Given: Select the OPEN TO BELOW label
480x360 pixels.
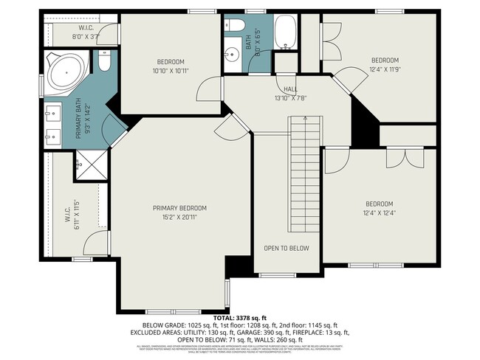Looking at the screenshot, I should coord(287,249).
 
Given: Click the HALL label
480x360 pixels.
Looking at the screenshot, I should coord(281,89).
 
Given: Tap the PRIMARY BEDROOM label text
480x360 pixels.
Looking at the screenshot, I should coord(179,208).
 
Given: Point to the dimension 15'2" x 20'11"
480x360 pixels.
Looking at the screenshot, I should coord(179,217).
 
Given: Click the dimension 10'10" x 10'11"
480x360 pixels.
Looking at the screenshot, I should coord(170,70).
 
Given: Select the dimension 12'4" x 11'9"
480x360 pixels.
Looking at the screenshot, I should coord(384,69).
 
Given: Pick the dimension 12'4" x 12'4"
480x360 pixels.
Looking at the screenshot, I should coord(379,213).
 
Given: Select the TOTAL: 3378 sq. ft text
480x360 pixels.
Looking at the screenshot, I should coord(239,317).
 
